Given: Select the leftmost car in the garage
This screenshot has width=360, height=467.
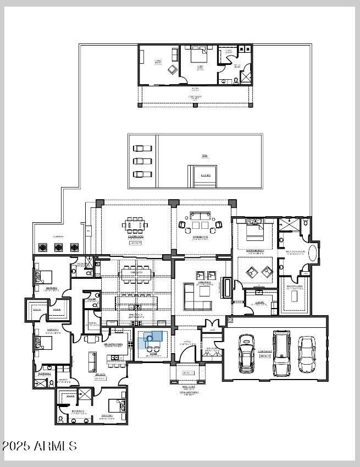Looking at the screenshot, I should point(247,353).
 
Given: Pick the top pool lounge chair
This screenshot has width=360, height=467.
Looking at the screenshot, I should point(142,148).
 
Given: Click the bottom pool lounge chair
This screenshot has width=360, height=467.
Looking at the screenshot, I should point(142,174).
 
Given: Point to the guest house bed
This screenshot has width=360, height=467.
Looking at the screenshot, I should point(198,57).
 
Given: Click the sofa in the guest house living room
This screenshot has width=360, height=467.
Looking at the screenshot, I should point(175,55).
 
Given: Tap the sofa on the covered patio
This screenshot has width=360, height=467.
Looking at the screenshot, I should point(200,215).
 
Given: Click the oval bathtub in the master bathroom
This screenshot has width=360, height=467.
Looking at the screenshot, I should point(312,252).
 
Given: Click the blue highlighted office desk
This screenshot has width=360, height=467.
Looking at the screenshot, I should point(153,337).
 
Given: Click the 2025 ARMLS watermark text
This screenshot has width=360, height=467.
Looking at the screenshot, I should point(40,446).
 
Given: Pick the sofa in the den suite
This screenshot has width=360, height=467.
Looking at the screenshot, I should point(92,361).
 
